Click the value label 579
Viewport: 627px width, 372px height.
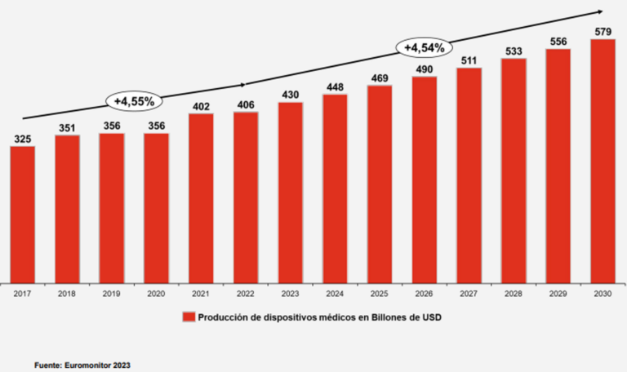[603, 32]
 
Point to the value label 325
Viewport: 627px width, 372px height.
[23, 139]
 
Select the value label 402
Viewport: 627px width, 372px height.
[201, 106]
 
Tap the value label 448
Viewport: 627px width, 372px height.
[335, 88]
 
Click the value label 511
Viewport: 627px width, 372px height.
[469, 60]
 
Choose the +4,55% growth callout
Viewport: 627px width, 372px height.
[134, 100]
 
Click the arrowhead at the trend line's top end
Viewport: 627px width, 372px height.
[600, 11]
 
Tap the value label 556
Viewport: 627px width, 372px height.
[558, 42]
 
